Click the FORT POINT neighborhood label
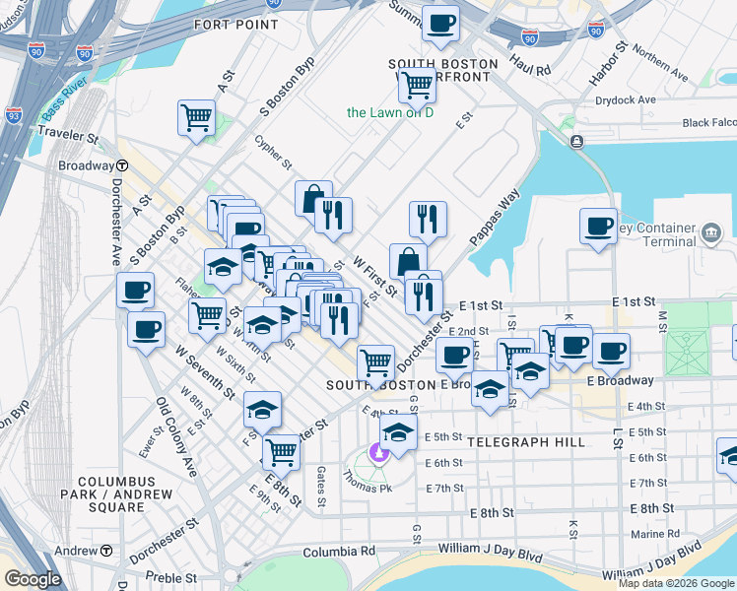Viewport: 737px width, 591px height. tap(235, 24)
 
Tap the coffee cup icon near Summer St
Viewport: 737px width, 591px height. tap(440, 23)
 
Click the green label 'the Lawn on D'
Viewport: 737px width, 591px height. tap(390, 112)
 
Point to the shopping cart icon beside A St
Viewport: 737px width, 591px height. tap(196, 117)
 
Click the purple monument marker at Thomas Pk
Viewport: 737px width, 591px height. tap(375, 453)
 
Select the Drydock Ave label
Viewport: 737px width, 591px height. tap(626, 100)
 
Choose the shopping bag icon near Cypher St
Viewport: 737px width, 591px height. tap(312, 199)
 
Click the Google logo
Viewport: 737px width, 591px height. tap(33, 578)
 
